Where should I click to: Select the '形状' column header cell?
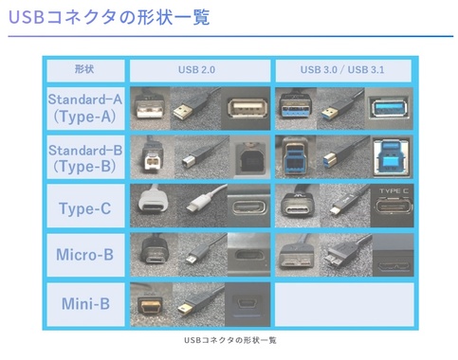[x=84, y=70]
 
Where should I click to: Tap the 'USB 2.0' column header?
[x=200, y=70]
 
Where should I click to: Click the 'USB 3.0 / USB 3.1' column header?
[x=343, y=70]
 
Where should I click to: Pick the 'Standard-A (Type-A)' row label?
[x=84, y=107]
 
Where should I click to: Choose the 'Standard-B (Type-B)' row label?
[x=84, y=156]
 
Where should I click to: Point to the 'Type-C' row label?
[x=84, y=207]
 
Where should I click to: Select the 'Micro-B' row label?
[x=84, y=255]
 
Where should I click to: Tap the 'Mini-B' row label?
[x=84, y=304]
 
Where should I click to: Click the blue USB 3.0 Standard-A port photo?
[x=391, y=107]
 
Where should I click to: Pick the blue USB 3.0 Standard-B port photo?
[x=391, y=156]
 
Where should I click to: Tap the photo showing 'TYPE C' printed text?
[x=391, y=206]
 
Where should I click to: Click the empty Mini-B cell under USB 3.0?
[x=343, y=304]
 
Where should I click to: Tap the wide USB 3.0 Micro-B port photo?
[x=391, y=255]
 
